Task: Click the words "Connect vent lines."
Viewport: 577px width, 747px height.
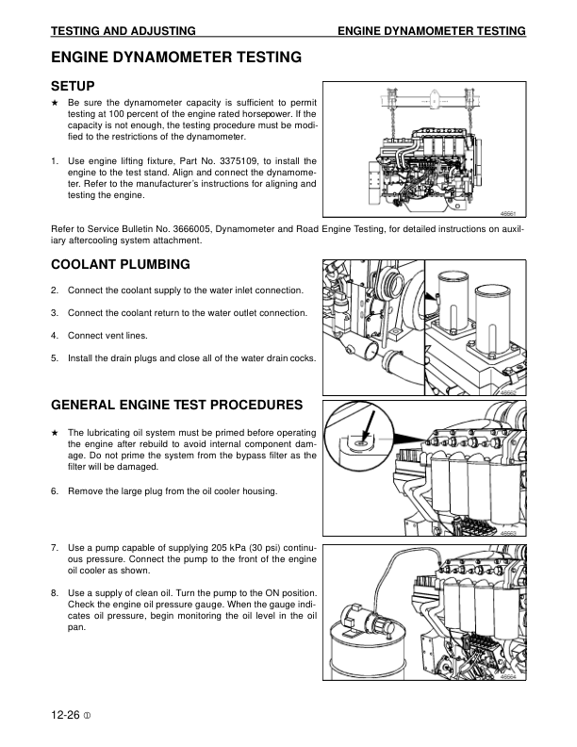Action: tap(107, 335)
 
